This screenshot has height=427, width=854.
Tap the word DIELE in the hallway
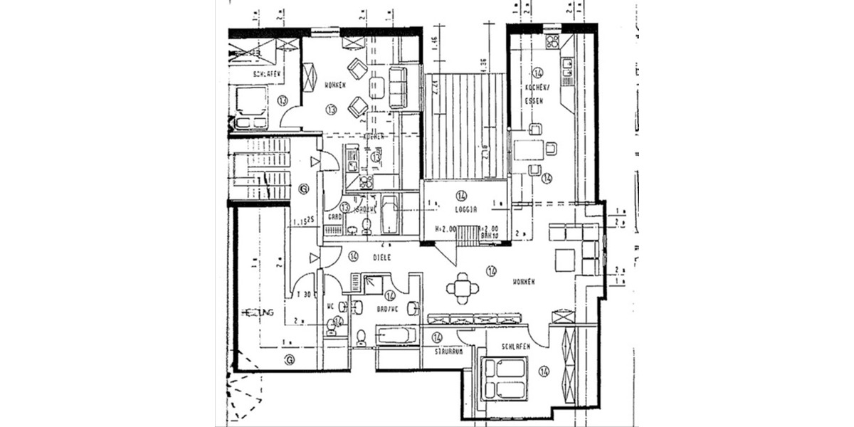click(x=377, y=256)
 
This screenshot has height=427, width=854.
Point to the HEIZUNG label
click(x=258, y=312)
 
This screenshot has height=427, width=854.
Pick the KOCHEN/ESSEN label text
click(x=535, y=94)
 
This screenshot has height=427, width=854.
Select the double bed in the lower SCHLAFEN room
click(x=505, y=377)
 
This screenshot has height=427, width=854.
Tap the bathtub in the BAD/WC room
click(x=397, y=334)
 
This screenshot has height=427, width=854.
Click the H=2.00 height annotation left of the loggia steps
click(x=446, y=229)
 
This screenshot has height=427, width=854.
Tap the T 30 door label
click(x=304, y=295)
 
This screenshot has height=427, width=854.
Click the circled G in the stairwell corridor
click(x=304, y=189)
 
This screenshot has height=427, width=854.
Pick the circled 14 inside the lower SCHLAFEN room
click(x=544, y=371)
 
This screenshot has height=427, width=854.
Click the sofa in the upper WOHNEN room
click(x=397, y=88)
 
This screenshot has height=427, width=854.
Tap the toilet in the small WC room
click(x=332, y=328)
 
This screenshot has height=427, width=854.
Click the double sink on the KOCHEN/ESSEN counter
click(x=566, y=67)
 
